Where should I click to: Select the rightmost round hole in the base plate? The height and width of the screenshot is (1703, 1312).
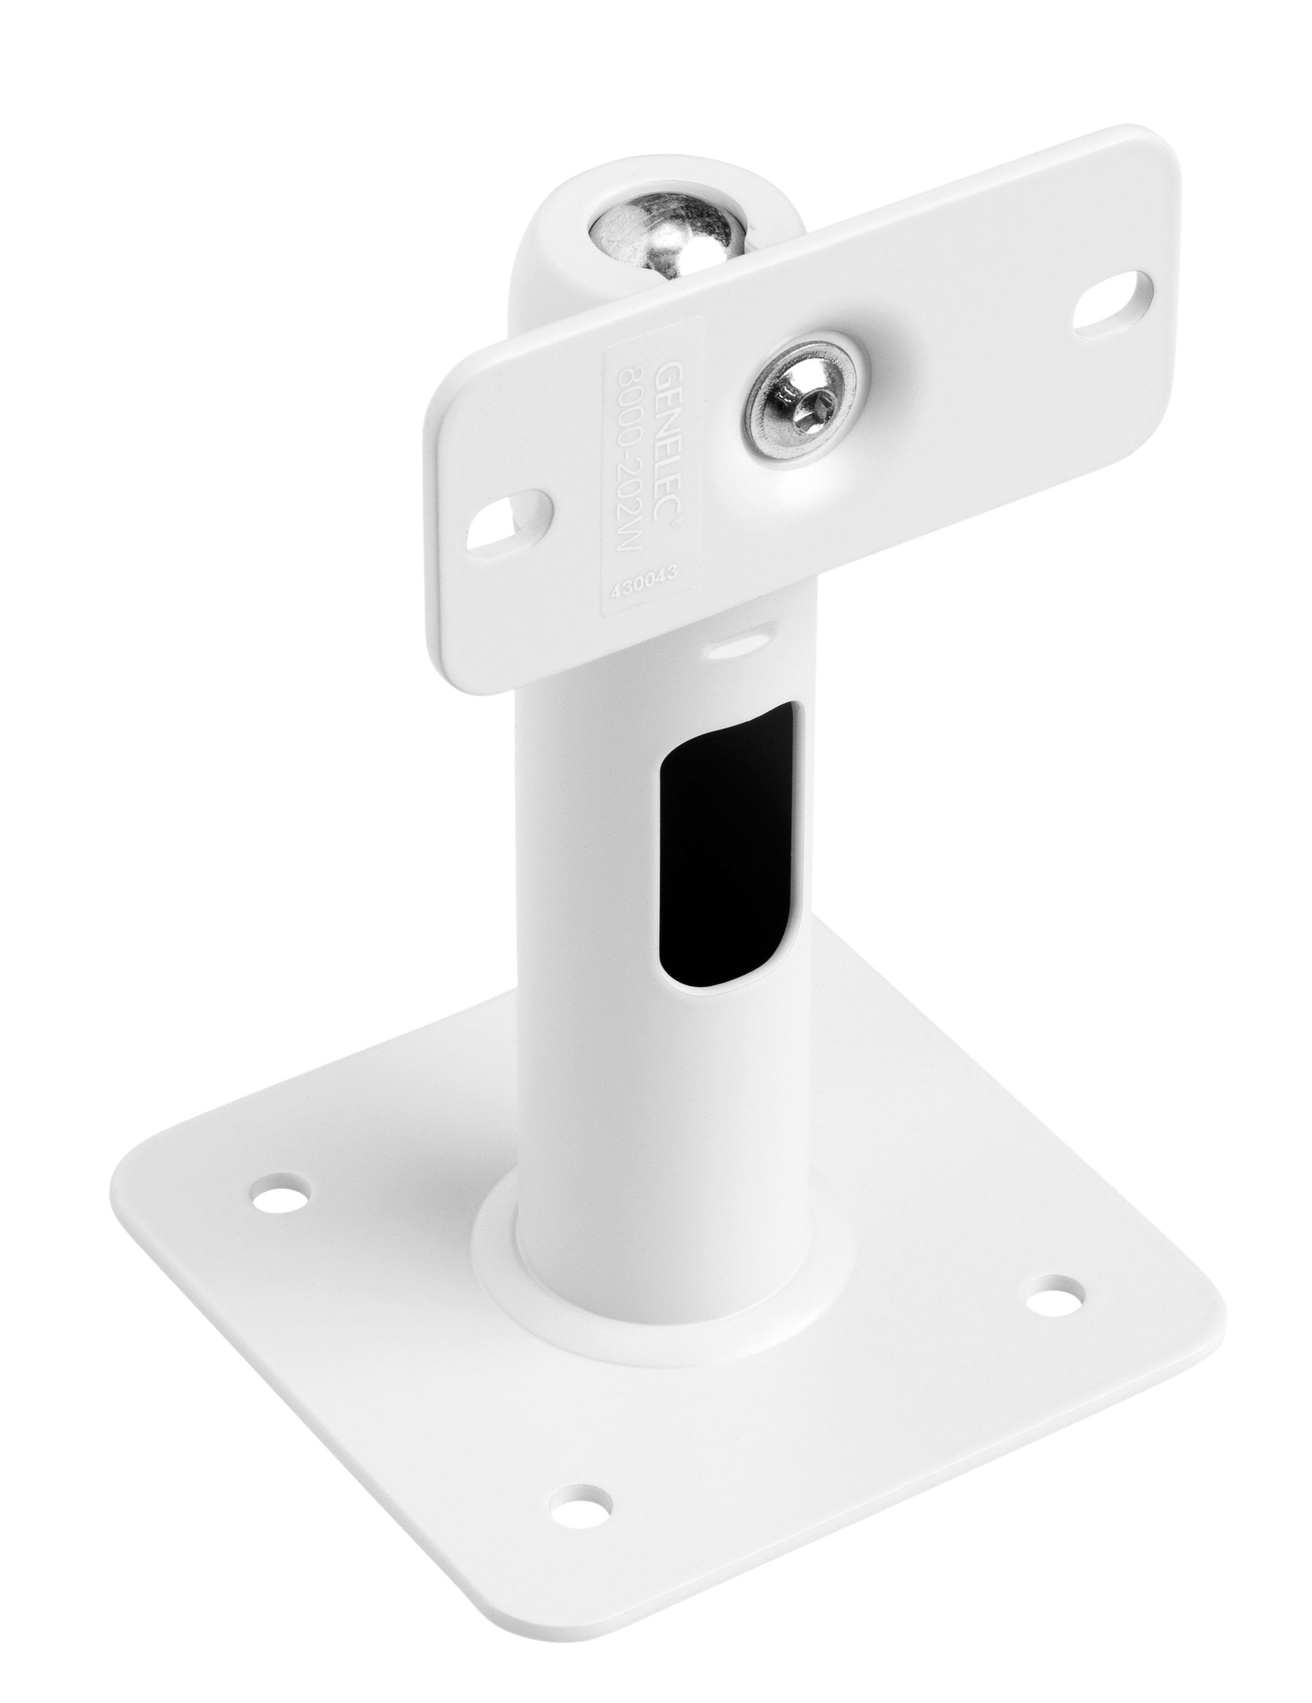[x=1054, y=1298]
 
